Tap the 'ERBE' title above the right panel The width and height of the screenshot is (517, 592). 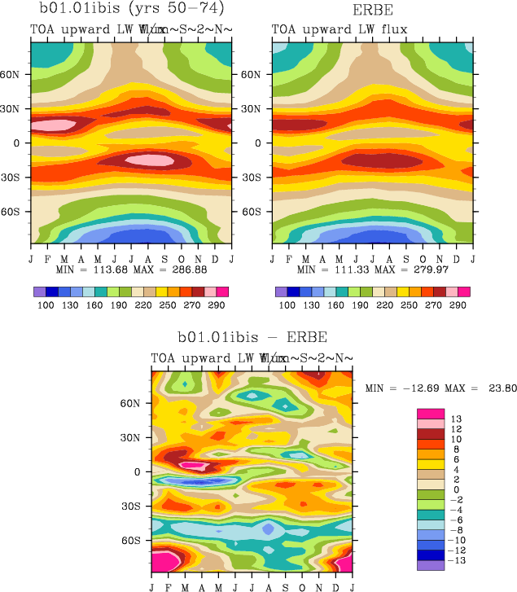tap(372, 10)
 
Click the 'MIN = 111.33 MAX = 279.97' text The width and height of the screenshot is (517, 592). tap(372, 269)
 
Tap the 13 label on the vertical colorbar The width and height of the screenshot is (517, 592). tap(457, 419)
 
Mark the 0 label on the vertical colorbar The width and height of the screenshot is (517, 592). tap(457, 489)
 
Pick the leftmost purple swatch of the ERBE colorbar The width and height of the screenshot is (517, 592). tap(281, 291)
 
